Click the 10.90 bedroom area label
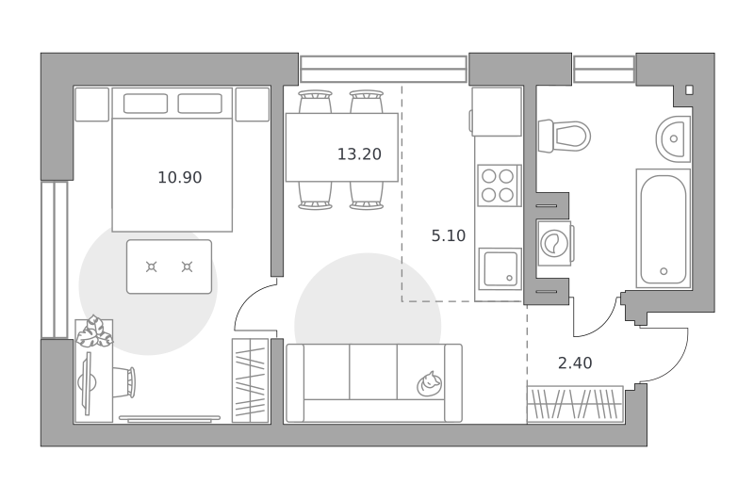(180, 178)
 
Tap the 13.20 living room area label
(359, 154)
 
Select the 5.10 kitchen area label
(449, 235)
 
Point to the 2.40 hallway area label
(575, 363)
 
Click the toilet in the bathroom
(564, 137)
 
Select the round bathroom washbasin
(673, 138)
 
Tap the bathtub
(664, 229)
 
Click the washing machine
(555, 243)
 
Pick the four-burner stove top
(500, 185)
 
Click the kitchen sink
(500, 269)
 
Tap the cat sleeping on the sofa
(430, 384)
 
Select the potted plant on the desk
(95, 331)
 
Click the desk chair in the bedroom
(124, 382)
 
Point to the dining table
(342, 148)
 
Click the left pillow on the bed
(146, 104)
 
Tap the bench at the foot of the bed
(170, 266)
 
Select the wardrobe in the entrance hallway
(575, 404)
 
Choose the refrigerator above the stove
(497, 112)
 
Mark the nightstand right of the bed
(253, 105)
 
